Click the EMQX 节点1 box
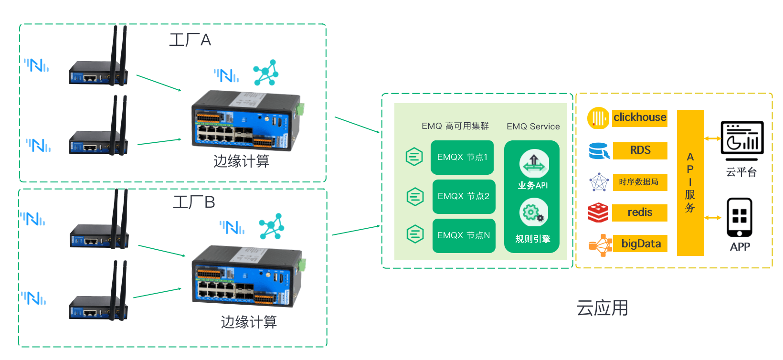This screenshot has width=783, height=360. tap(462, 157)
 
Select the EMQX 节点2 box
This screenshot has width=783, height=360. tap(464, 196)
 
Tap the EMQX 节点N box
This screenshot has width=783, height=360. tap(464, 235)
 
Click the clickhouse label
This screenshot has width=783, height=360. tap(639, 117)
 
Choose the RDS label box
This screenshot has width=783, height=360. tap(640, 150)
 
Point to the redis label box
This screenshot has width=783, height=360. tap(640, 212)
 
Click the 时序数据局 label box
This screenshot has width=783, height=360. tap(640, 182)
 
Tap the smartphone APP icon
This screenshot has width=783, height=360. tap(739, 218)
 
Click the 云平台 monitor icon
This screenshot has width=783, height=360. tap(742, 140)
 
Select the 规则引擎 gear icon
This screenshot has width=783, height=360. tap(533, 212)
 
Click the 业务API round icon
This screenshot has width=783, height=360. tap(534, 163)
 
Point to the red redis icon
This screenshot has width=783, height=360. tap(598, 212)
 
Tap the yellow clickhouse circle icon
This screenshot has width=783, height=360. tap(598, 118)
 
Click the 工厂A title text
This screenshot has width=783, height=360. tap(190, 40)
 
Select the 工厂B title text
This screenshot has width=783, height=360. tap(194, 202)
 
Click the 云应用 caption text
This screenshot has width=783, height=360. tap(602, 308)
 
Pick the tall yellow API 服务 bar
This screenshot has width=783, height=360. tap(690, 183)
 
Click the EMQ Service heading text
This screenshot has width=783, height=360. tap(533, 127)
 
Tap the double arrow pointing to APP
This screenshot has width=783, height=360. tap(712, 218)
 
